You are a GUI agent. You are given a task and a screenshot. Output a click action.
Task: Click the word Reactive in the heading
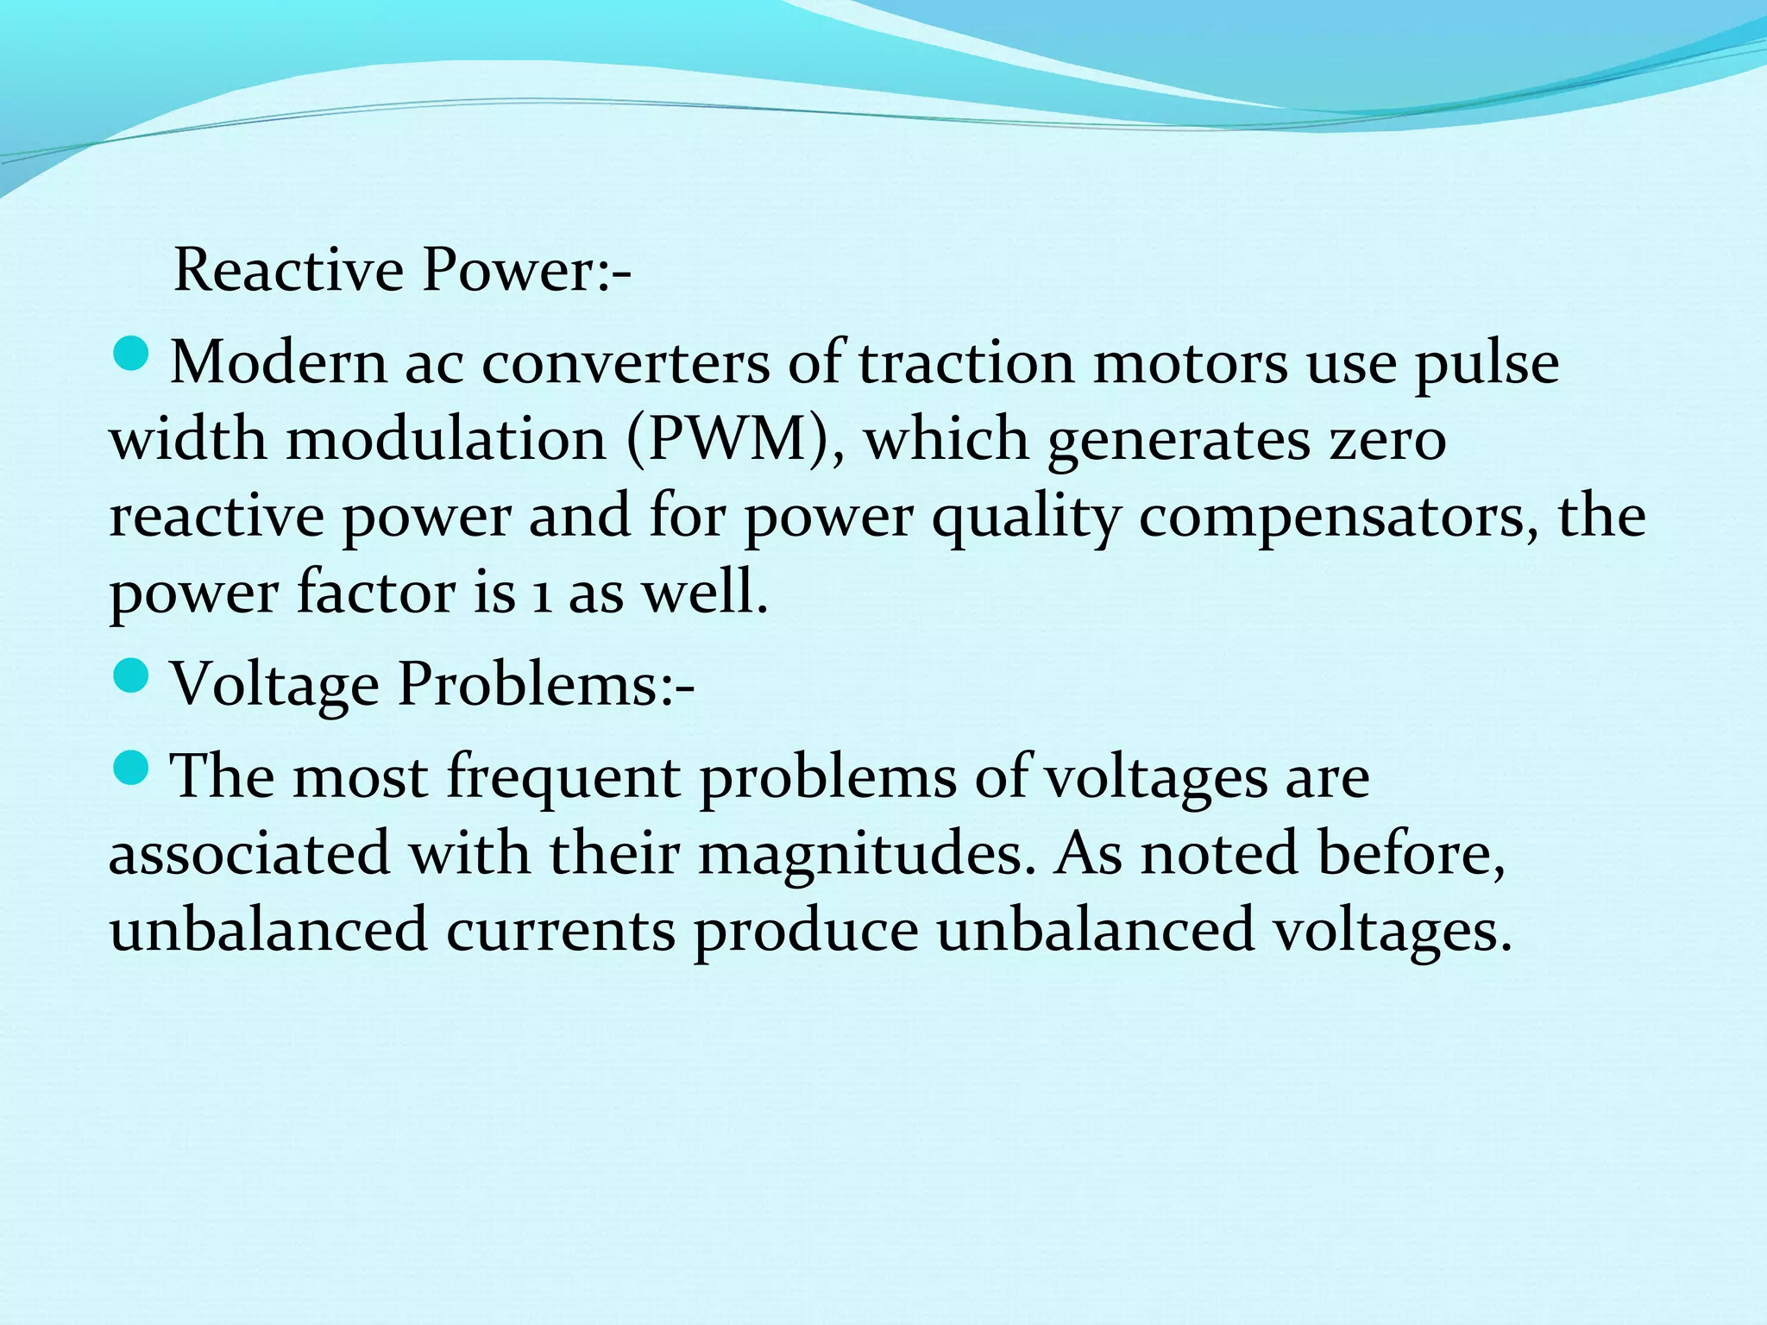[288, 270]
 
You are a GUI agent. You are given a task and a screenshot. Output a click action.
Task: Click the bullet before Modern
[131, 355]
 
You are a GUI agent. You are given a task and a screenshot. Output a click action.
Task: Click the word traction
[965, 363]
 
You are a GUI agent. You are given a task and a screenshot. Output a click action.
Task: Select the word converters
[625, 363]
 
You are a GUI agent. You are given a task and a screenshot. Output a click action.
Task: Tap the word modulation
[446, 440]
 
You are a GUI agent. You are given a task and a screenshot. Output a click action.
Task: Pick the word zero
[1387, 440]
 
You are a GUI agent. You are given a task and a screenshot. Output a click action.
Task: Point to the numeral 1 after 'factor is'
[542, 594]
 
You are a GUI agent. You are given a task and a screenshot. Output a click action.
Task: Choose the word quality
[1026, 518]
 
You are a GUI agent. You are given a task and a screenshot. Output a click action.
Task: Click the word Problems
[546, 685]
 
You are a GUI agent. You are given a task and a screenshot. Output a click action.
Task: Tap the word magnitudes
[866, 853]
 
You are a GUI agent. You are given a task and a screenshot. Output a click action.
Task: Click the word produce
[806, 932]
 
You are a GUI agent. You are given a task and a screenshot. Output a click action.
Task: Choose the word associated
[249, 853]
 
